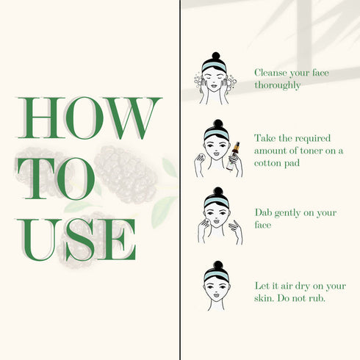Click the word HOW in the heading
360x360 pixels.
[90, 118]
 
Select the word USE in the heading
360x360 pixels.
[76, 240]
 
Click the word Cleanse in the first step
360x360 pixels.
[270, 73]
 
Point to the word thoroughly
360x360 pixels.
[278, 85]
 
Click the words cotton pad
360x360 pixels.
[277, 163]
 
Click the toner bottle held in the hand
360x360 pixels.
[232, 156]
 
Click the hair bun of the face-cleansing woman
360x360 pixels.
[216, 56]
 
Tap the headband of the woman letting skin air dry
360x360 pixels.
[217, 276]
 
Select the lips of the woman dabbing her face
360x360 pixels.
[216, 222]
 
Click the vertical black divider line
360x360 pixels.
[180, 180]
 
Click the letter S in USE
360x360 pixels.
[79, 240]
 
